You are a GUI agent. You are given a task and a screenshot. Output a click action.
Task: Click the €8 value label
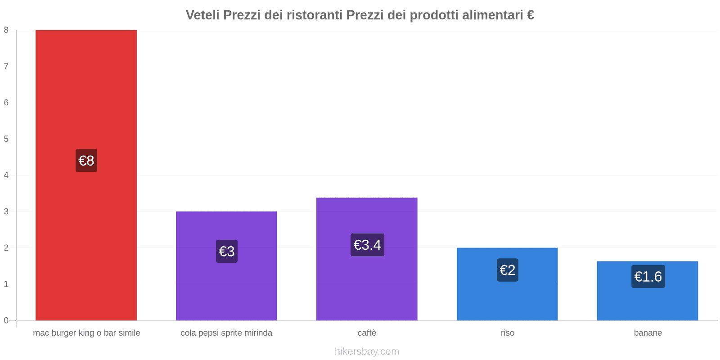click(86, 161)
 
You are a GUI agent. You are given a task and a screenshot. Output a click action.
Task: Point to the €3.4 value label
click(367, 245)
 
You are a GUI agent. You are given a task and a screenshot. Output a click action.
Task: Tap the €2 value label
click(508, 270)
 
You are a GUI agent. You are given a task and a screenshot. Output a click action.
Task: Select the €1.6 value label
click(648, 276)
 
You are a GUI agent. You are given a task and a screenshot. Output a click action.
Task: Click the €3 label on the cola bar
click(227, 251)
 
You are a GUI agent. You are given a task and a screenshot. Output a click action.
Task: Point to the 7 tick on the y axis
click(6, 66)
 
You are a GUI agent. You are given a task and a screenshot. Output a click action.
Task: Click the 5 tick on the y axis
click(6, 139)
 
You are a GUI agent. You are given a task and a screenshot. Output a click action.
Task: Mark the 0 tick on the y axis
click(6, 320)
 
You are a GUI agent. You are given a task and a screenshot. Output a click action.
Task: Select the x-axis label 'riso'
click(508, 333)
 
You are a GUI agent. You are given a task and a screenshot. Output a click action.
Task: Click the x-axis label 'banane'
click(648, 333)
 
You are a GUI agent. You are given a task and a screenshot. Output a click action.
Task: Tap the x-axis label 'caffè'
click(367, 333)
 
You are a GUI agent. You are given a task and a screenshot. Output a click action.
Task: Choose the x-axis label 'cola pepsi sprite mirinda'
click(226, 333)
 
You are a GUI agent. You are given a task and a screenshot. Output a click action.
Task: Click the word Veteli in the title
click(202, 15)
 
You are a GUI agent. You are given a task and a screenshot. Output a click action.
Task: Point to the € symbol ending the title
click(530, 15)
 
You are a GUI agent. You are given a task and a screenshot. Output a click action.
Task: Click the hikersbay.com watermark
click(367, 351)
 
